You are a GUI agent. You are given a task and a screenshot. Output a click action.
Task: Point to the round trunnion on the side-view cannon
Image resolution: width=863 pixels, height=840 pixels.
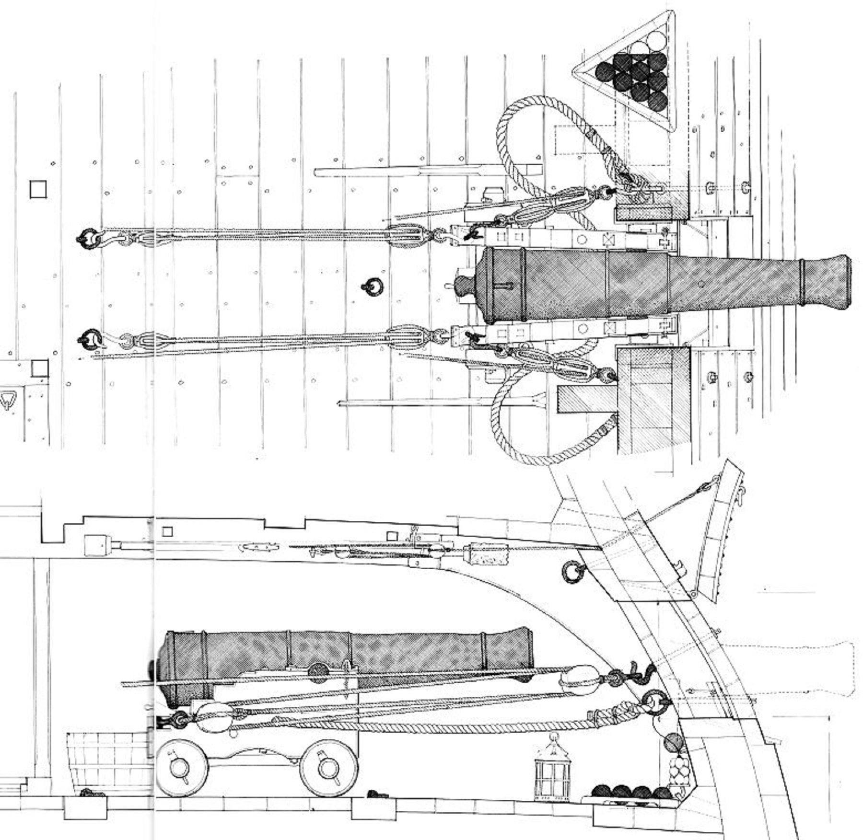(x=317, y=672)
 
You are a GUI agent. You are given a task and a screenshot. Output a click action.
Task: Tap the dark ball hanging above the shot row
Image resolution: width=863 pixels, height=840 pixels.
(x=674, y=742)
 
